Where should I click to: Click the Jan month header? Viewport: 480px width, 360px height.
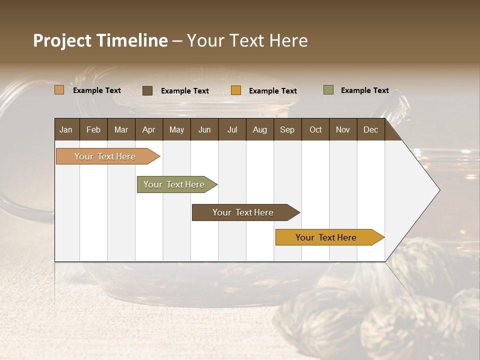click(66, 129)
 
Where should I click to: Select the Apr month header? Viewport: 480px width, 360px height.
click(148, 129)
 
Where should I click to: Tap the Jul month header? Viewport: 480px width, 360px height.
click(232, 129)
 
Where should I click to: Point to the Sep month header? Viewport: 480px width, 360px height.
click(287, 129)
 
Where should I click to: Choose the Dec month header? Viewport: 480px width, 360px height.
click(370, 129)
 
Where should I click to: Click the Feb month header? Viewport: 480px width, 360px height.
click(93, 129)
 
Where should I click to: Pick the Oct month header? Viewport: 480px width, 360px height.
click(315, 129)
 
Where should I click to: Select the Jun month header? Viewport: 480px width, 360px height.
click(204, 129)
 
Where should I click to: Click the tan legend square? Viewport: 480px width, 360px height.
click(59, 90)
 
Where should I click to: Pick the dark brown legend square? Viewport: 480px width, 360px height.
click(147, 90)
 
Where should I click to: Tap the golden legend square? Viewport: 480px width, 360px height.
click(236, 90)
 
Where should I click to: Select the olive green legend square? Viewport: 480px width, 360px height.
click(328, 90)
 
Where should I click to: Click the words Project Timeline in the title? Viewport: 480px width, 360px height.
click(100, 40)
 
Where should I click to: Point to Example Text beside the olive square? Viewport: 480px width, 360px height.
click(364, 90)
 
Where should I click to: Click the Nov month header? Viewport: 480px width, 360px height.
click(343, 129)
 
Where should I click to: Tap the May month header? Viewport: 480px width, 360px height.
click(176, 129)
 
